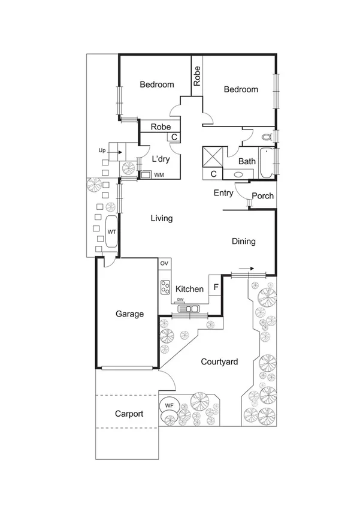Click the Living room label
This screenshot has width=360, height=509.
coord(162,218)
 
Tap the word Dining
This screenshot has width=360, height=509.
coord(244,242)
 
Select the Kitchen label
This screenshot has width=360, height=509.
coord(189,289)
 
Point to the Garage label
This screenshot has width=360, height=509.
coord(129,314)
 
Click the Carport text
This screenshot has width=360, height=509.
coord(129,414)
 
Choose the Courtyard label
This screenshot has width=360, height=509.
coord(219,362)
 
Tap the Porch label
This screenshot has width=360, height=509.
coord(262,196)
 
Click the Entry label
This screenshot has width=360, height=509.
coord(223,193)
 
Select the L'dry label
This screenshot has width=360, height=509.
coord(161,159)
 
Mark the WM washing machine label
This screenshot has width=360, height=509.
coord(159,175)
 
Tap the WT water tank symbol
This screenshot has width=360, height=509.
coord(111,231)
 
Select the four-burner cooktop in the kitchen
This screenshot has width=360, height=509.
coord(165,287)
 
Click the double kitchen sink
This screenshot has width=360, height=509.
coord(190,309)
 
